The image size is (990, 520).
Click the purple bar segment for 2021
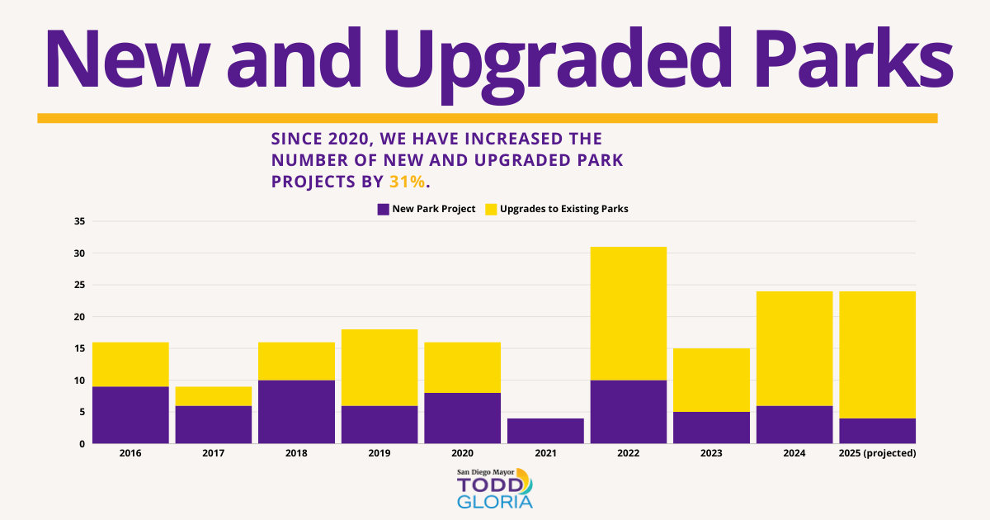pos(545,431)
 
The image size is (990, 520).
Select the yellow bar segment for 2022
pos(629,314)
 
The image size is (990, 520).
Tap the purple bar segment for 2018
pos(296,412)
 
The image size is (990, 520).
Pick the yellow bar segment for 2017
pos(214,396)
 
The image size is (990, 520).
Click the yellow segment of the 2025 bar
pos(877,355)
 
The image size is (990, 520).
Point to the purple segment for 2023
pos(711,428)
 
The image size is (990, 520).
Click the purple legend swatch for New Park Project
pos(383,209)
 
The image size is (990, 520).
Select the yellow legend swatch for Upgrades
pos(491,209)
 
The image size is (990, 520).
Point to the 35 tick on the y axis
pos(79,221)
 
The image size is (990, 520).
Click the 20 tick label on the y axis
pos(79,317)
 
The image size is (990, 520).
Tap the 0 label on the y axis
pos(82,444)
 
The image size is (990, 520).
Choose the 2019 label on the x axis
pos(379,453)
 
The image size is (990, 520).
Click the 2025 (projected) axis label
pos(877,453)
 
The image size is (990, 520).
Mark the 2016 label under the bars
pos(130,453)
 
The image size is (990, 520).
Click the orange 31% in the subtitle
pos(407,182)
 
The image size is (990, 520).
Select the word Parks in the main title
pos(853,58)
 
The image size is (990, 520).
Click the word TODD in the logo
pos(490,485)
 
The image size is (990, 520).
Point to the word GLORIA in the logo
pos(495,502)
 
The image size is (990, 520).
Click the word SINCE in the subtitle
pos(296,139)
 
